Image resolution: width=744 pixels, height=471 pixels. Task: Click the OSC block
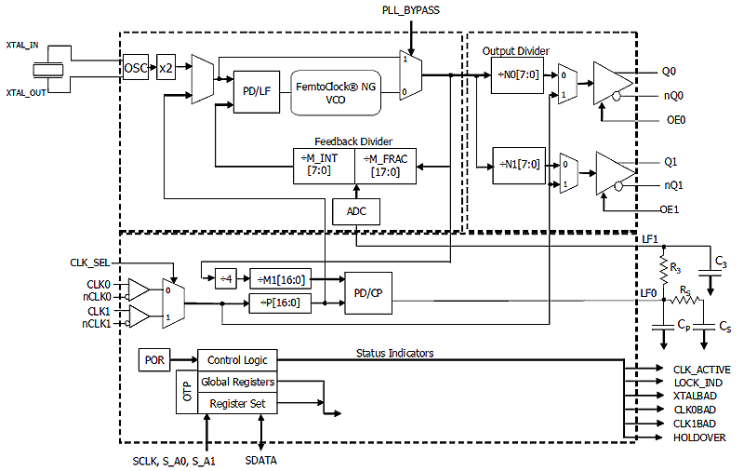[x=136, y=69]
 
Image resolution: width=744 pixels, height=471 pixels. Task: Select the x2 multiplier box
[x=166, y=69]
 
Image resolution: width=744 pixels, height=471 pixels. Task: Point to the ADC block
[x=356, y=211]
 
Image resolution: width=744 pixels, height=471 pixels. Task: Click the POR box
[x=153, y=359]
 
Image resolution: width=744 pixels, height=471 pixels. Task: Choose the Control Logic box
[x=237, y=359]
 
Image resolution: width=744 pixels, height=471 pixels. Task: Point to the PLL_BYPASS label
[x=410, y=10]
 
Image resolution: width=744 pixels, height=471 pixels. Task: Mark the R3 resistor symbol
[x=664, y=271]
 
